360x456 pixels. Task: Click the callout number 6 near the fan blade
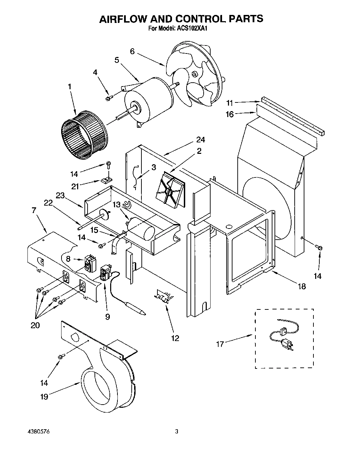pos(132,51)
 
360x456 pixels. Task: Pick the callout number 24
pos(201,140)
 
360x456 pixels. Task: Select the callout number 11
pos(229,102)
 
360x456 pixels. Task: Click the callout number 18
pos(302,286)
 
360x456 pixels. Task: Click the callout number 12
pos(175,338)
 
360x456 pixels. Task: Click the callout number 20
pos(35,325)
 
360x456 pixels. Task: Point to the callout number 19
pos(44,397)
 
